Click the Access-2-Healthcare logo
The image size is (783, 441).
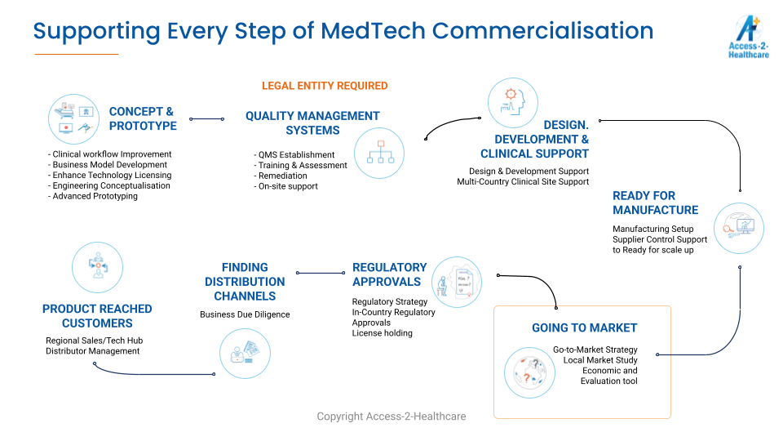[748, 37]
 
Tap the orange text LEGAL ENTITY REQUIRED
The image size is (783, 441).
[325, 86]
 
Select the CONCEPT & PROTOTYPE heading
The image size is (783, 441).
[143, 118]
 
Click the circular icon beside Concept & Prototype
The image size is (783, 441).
[74, 119]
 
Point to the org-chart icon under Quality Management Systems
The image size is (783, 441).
[379, 153]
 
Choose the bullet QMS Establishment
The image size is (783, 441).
[296, 155]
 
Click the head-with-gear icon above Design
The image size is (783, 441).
[513, 103]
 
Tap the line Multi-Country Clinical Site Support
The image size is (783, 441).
[523, 181]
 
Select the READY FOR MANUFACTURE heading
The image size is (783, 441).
[655, 203]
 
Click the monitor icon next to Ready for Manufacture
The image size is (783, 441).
[739, 228]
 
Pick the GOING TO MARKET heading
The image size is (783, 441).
[584, 328]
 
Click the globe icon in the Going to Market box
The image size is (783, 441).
[529, 372]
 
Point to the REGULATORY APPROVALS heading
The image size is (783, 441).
[390, 274]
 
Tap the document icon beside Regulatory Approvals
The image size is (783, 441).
[457, 282]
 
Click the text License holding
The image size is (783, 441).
[382, 333]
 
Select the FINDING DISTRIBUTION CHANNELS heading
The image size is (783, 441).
[245, 282]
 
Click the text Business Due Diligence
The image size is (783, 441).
[245, 314]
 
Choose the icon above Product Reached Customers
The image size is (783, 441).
[97, 268]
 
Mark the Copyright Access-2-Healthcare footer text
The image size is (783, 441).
[391, 416]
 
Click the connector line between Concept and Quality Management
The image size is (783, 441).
[206, 119]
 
